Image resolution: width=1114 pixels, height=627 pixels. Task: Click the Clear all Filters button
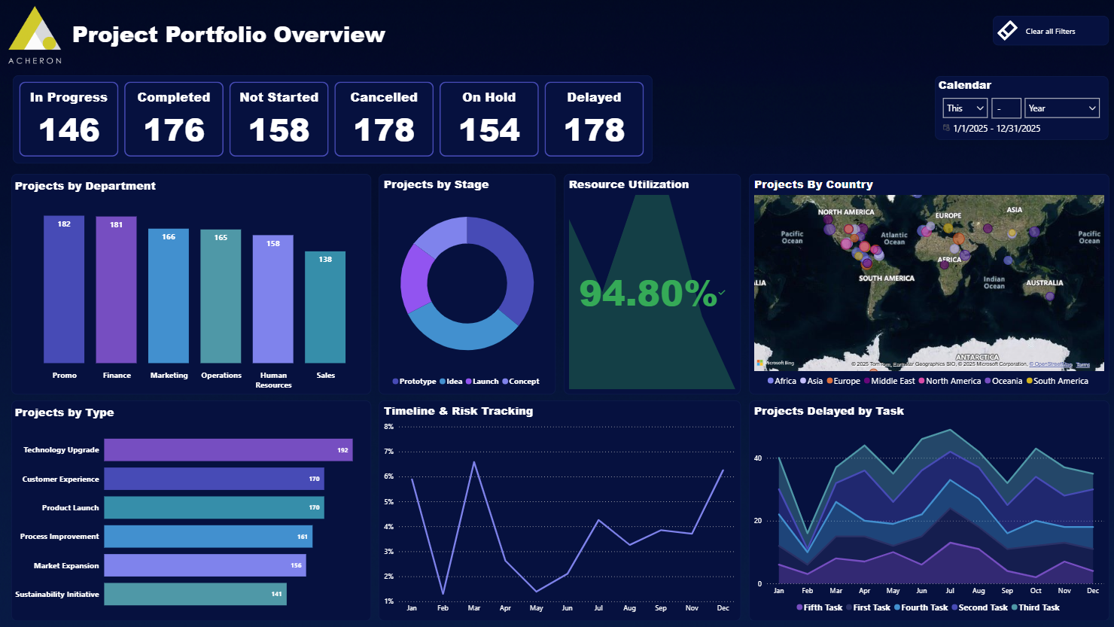1049,31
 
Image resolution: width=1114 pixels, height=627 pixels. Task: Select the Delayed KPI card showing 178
594,119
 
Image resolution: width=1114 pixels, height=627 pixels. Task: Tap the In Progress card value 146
69,130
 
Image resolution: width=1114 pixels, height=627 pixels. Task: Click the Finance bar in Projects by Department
116,290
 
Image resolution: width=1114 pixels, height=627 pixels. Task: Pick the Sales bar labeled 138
325,307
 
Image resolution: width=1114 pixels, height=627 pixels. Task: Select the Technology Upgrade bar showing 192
228,450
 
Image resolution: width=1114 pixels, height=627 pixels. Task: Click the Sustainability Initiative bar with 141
195,594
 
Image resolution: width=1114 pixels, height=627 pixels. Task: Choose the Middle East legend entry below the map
892,381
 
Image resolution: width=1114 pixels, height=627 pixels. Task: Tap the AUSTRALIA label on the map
1044,283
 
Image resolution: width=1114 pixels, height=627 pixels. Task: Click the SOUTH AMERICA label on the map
887,278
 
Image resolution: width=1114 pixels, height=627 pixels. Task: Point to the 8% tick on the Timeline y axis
389,427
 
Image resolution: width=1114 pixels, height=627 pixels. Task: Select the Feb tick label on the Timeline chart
443,608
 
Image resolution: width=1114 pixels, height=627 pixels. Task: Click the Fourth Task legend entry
924,607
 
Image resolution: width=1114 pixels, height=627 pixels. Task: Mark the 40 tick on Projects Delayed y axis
758,458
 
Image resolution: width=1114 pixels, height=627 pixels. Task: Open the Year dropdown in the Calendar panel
1061,108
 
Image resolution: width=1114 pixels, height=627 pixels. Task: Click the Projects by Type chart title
65,412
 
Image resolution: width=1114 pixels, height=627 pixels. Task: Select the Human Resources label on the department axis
273,380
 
